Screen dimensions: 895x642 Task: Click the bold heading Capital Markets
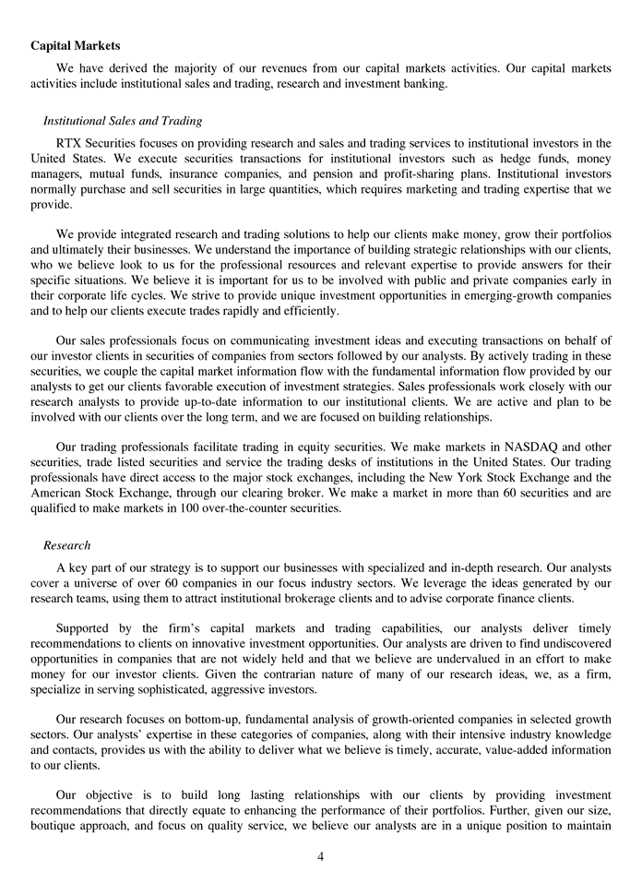click(x=75, y=45)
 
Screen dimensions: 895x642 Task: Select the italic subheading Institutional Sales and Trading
click(x=123, y=121)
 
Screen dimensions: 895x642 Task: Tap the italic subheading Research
click(x=66, y=545)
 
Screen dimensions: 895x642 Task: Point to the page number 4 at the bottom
click(x=320, y=856)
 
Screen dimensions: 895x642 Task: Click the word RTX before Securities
click(x=71, y=143)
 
